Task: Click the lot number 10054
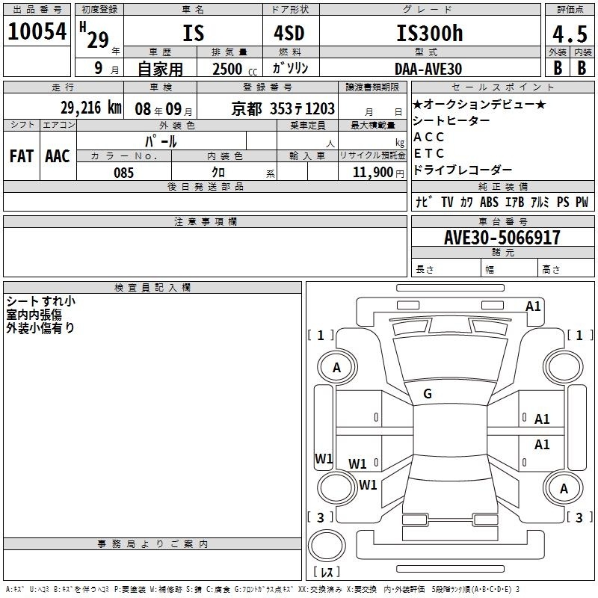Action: [x=37, y=31]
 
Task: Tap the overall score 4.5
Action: [x=570, y=34]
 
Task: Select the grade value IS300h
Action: [x=430, y=33]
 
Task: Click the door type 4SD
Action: [x=289, y=33]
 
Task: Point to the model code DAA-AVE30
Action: [x=428, y=69]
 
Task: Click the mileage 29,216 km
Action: [x=90, y=108]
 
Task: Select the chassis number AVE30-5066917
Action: [x=502, y=237]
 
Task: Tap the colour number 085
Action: [x=123, y=173]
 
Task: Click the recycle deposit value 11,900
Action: [x=373, y=173]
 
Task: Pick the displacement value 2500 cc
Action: [x=235, y=69]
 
